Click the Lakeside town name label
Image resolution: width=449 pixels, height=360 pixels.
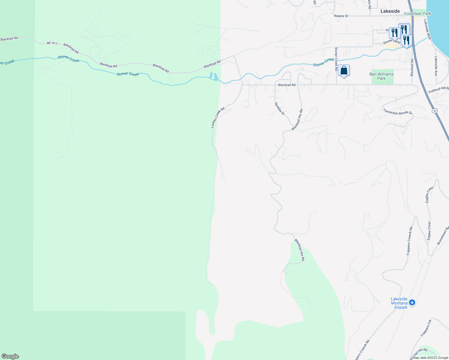click(390, 11)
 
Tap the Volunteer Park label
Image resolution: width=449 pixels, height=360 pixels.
click(417, 13)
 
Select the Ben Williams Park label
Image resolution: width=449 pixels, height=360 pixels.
click(381, 76)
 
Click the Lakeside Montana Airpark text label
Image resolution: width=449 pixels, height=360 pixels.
click(399, 303)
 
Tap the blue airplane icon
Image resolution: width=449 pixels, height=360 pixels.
click(412, 302)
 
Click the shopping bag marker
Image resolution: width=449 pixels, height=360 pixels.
click(344, 71)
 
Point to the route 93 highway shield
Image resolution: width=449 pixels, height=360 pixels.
click(435, 111)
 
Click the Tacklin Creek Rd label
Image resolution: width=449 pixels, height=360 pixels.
click(218, 118)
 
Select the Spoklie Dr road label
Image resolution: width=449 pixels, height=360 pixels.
click(279, 109)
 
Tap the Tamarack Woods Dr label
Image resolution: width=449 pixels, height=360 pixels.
click(398, 112)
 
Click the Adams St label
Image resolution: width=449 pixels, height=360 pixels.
click(341, 16)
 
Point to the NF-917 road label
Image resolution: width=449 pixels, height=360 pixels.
click(52, 43)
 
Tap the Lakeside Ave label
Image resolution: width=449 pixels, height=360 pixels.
click(436, 66)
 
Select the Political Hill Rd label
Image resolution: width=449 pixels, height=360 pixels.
click(438, 89)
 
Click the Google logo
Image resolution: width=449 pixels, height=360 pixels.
click(10, 356)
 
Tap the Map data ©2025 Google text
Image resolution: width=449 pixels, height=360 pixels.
click(430, 358)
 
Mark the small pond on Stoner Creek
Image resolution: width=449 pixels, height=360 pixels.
click(214, 76)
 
